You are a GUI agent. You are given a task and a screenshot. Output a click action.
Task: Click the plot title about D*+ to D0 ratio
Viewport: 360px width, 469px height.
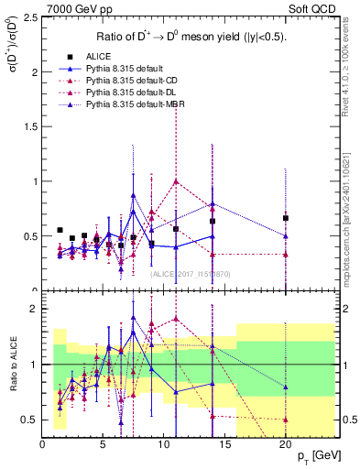189,37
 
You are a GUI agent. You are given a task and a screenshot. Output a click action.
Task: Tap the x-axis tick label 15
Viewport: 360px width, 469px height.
224,444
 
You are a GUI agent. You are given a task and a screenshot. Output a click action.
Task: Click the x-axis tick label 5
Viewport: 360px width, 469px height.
103,444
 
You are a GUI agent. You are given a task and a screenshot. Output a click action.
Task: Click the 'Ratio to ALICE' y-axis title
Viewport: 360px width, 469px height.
12,365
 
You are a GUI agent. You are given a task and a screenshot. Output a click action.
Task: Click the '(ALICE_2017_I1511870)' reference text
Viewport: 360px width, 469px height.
190,273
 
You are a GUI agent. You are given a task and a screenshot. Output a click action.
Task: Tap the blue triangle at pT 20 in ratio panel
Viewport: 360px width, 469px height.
286,387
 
